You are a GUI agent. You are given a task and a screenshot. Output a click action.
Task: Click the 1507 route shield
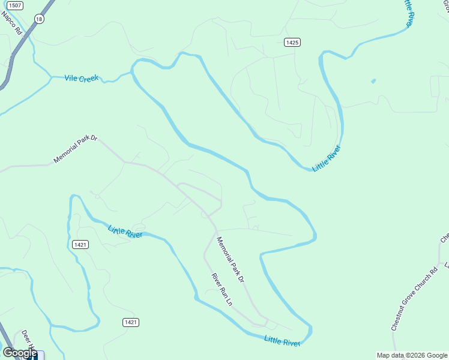(x=15, y=5)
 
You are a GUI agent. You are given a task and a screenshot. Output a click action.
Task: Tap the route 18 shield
(x=40, y=19)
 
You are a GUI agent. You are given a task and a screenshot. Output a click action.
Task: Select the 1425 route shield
(x=292, y=42)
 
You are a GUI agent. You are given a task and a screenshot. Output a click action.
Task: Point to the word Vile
(x=73, y=78)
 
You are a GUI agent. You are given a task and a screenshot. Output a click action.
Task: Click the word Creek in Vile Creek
(x=90, y=79)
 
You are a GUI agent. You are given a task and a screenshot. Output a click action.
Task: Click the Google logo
(x=19, y=353)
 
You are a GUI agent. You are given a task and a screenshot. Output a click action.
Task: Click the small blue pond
(x=373, y=81)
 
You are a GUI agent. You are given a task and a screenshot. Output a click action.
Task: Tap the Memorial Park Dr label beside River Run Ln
(x=231, y=260)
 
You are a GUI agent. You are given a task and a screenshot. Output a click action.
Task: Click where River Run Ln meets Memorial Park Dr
(x=215, y=231)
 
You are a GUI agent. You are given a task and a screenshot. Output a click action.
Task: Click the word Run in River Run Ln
(x=221, y=290)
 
